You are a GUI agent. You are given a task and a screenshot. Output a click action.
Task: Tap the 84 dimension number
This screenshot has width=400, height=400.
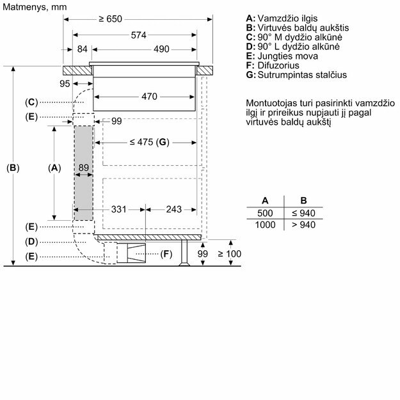point(82,49)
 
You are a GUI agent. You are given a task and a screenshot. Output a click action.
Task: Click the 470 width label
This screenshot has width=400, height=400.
point(149,97)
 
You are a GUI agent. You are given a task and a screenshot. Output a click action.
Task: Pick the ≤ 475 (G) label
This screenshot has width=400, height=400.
point(146,142)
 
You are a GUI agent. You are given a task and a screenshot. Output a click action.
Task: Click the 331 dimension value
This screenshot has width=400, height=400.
point(118,209)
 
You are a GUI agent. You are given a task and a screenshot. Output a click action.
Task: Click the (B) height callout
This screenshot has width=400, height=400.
point(13,168)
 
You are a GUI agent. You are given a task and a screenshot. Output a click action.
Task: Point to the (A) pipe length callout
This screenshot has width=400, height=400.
point(54,168)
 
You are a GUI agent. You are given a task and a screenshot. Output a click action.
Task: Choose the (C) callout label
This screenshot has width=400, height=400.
point(32,102)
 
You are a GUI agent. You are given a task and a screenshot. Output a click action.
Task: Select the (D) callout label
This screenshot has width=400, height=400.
point(32,241)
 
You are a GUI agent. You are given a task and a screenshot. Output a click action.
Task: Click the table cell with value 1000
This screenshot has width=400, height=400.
point(265,225)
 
